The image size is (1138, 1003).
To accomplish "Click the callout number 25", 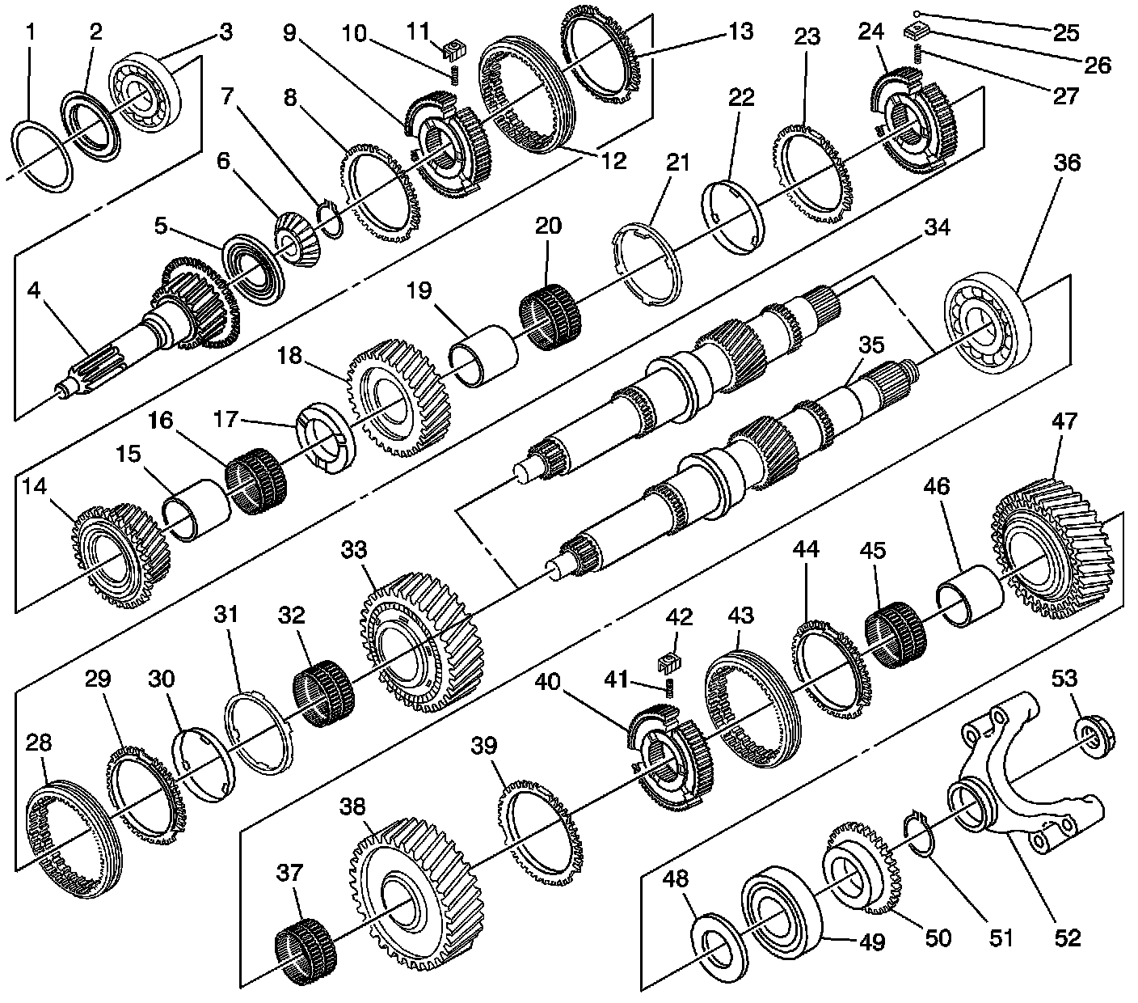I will pos(1066,32).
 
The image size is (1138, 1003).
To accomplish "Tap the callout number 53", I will pos(1064,679).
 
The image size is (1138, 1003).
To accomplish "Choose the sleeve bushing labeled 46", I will pos(968,597).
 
